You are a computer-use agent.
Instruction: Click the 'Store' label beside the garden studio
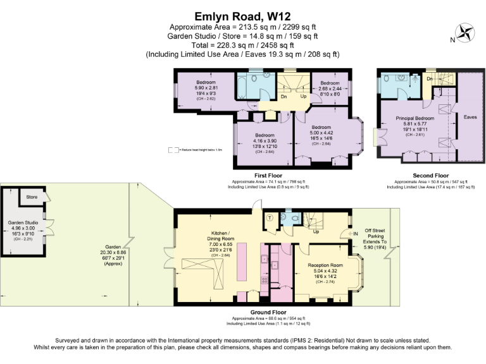click(32, 197)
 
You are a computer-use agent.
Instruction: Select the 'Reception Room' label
click(325, 265)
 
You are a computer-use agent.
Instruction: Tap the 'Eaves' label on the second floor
click(470, 117)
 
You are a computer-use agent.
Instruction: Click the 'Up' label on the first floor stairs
click(304, 97)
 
